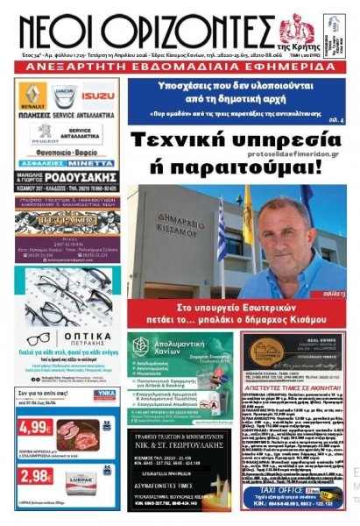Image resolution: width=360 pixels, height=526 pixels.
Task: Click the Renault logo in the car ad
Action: point(32,94)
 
